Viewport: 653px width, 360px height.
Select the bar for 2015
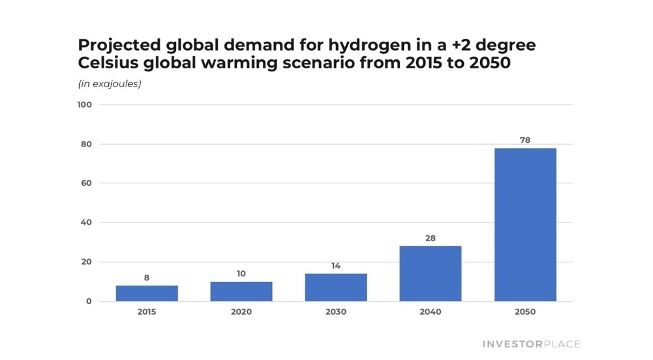[x=146, y=293]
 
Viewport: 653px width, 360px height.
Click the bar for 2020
[x=241, y=292]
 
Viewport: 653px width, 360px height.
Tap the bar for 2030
[x=336, y=287]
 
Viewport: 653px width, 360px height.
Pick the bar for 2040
[x=430, y=273]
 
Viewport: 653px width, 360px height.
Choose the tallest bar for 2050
[x=525, y=224]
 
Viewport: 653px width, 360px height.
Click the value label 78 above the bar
[x=525, y=140]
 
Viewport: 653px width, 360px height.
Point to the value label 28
[x=430, y=238]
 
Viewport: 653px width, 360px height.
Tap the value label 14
[x=336, y=266]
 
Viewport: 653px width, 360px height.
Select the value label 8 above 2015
[x=146, y=278]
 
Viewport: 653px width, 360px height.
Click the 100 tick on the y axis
[x=85, y=105]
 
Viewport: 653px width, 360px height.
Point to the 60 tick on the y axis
[x=86, y=183]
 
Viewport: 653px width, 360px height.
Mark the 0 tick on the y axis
[x=88, y=301]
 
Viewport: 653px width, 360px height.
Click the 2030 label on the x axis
[x=336, y=312]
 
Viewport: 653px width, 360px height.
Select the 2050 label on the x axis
[x=525, y=312]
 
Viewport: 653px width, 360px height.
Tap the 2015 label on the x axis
[x=146, y=312]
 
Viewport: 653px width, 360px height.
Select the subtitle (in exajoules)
[x=109, y=84]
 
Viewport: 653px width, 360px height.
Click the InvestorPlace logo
[x=531, y=344]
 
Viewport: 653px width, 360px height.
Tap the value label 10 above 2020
[x=241, y=274]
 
